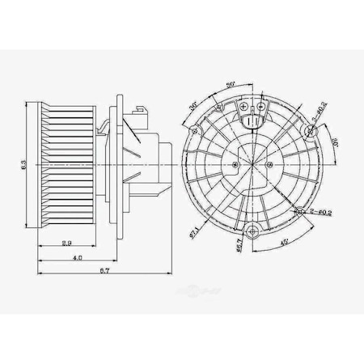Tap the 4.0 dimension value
pyautogui.click(x=77, y=258)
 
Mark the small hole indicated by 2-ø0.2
pyautogui.click(x=300, y=210)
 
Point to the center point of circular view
pyautogui.click(x=252, y=160)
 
